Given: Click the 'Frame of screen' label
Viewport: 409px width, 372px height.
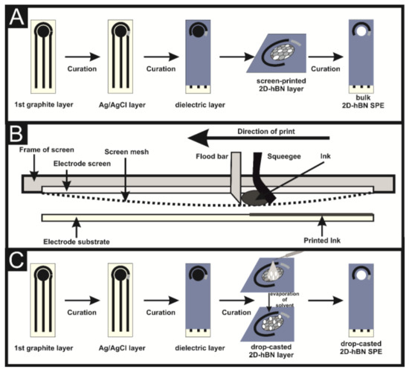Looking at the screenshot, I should [36, 150].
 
